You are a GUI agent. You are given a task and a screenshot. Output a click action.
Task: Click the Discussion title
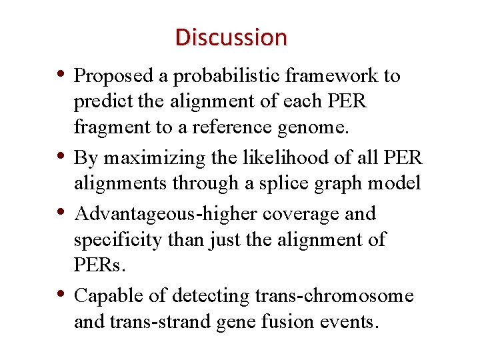click(x=231, y=37)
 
